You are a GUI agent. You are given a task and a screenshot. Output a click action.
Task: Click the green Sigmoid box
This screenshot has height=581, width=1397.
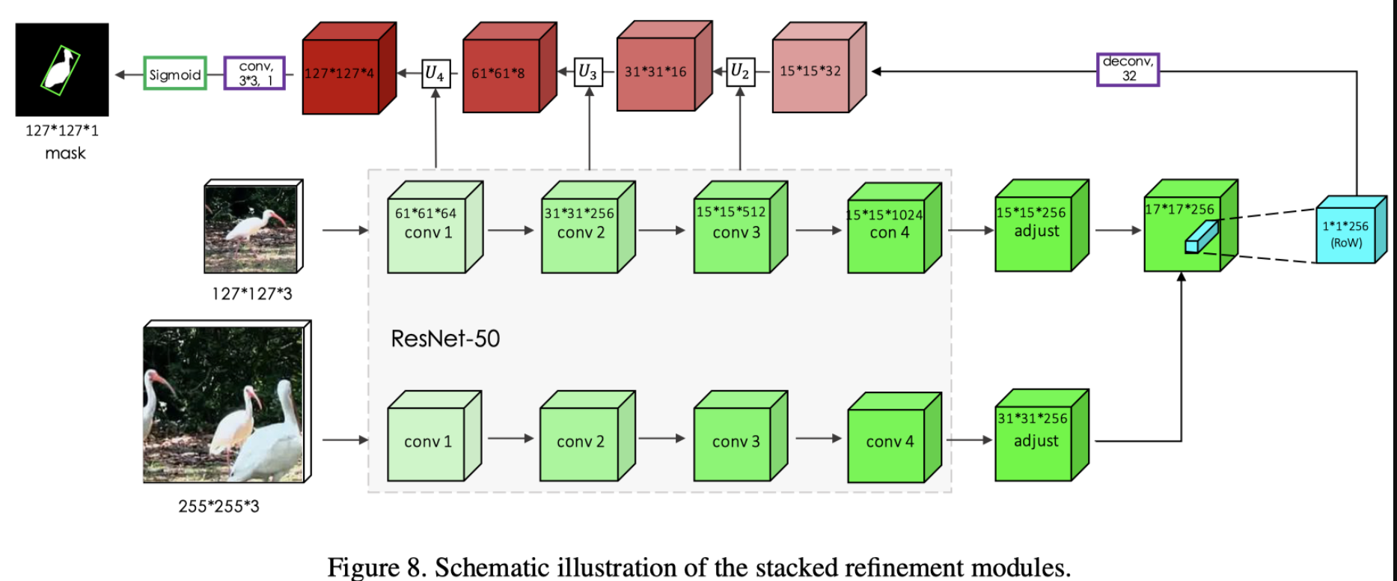pos(175,73)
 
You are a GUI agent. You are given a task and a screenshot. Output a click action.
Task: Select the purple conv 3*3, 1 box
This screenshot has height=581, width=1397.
pos(254,73)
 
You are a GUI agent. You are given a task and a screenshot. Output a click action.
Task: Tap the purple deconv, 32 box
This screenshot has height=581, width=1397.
pos(1128,70)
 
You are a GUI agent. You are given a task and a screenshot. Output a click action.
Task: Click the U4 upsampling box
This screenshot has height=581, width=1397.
pos(435,73)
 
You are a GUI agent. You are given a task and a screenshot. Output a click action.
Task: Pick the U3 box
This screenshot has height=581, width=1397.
pos(589,72)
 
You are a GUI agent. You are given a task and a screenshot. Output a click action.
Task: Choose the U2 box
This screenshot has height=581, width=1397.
pos(740,72)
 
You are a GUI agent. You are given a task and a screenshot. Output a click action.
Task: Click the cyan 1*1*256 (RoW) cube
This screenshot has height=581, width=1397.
pos(1347,232)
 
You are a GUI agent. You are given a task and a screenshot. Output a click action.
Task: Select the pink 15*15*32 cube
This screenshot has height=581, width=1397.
pos(811,73)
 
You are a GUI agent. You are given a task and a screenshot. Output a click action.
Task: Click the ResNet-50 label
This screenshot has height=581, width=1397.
pos(445,338)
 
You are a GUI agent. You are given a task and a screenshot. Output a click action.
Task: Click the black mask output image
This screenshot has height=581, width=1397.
pos(62,69)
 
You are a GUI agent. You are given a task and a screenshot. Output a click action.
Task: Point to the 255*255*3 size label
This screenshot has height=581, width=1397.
pos(218,506)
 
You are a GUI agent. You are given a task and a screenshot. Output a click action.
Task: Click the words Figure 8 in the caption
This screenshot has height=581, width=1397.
pos(375,567)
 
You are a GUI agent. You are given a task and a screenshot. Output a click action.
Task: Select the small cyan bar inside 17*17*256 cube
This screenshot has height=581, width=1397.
pos(1200,237)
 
